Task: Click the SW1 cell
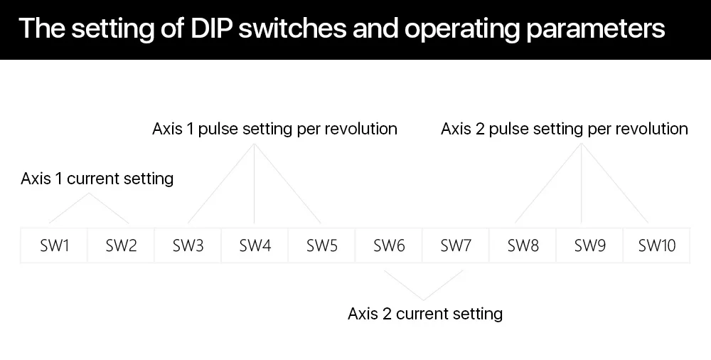click(54, 246)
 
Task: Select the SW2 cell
click(121, 246)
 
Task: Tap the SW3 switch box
click(188, 246)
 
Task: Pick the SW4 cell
click(255, 246)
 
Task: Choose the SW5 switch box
click(321, 246)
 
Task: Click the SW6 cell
click(389, 246)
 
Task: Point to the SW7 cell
click(456, 246)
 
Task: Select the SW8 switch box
click(523, 246)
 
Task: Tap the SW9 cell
click(590, 246)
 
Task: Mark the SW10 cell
click(656, 246)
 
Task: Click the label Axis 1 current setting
click(97, 179)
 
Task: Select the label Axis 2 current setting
click(425, 314)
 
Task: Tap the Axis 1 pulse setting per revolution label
click(274, 129)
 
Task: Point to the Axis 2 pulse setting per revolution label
click(564, 129)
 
